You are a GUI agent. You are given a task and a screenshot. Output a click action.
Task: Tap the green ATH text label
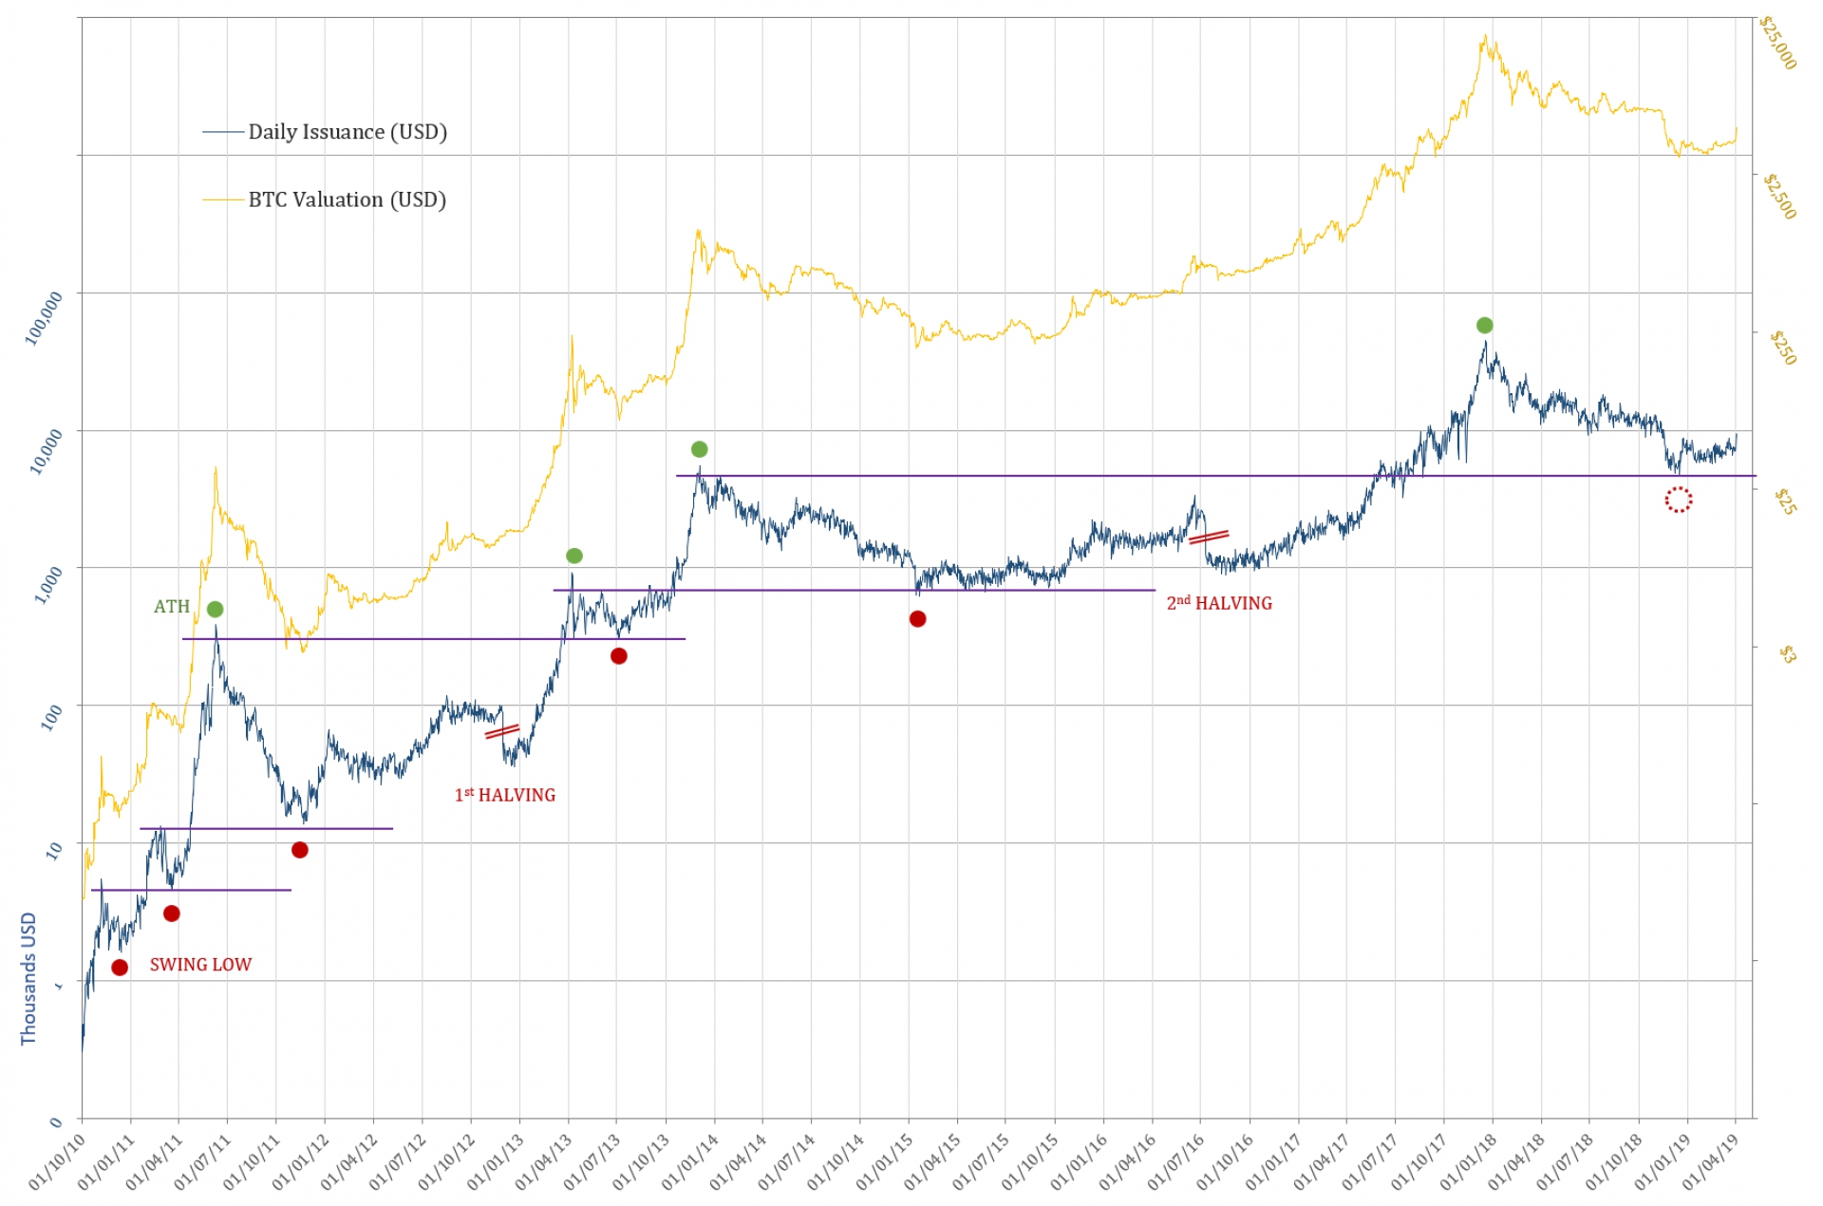(172, 607)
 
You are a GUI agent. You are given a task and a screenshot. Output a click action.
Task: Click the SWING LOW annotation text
(200, 965)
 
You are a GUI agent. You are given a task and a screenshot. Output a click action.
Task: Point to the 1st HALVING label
(505, 795)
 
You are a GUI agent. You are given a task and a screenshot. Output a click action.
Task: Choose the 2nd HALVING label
(1219, 603)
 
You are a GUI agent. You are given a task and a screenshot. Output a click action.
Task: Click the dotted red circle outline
(1678, 499)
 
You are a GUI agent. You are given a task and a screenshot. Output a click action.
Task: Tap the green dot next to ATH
(216, 609)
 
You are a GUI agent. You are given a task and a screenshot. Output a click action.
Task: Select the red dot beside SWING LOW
(120, 968)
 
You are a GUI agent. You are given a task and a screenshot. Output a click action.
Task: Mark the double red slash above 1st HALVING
(502, 731)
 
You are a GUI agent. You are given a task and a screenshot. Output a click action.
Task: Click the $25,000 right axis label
(1777, 44)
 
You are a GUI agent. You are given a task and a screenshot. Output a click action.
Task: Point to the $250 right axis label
(1783, 349)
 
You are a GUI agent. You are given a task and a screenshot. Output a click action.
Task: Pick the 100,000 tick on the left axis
(45, 317)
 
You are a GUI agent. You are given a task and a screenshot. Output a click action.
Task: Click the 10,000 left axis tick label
(47, 450)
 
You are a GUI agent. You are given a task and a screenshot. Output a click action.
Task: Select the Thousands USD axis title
(28, 978)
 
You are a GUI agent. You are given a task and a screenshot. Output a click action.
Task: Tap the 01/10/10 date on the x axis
(57, 1161)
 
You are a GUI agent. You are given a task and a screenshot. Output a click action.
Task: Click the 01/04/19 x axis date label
(1710, 1161)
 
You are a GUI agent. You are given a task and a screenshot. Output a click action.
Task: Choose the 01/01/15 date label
(884, 1161)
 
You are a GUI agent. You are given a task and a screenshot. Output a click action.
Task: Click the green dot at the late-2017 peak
(1485, 326)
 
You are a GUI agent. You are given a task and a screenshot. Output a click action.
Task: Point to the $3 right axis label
(1787, 653)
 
